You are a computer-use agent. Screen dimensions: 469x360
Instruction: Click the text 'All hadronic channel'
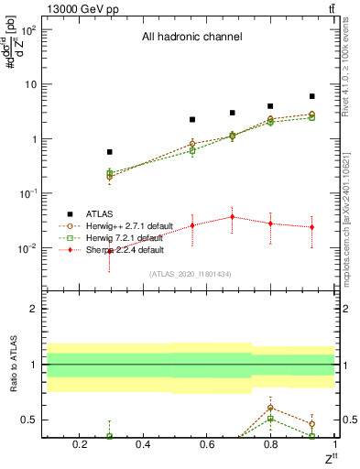[191, 38]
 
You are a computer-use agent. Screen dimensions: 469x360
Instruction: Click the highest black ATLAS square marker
[311, 96]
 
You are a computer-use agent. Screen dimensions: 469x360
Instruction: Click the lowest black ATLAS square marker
[110, 152]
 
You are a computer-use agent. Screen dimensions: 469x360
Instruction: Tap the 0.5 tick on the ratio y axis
[27, 420]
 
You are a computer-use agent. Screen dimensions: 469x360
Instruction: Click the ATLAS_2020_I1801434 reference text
[191, 274]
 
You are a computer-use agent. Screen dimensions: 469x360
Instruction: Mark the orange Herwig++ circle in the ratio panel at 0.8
[270, 408]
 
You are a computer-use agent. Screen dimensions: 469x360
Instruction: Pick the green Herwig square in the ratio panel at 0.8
[270, 418]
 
